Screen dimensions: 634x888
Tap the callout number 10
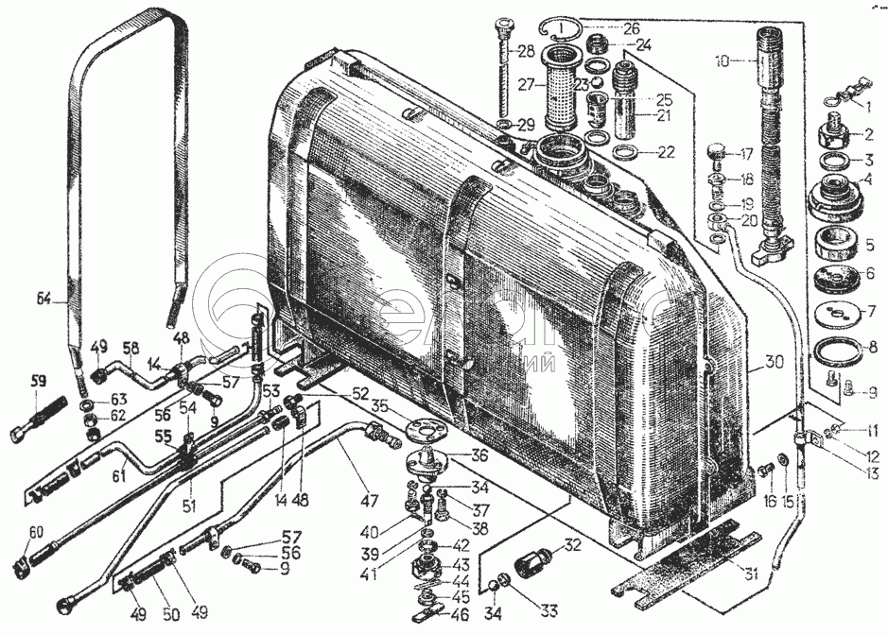pyautogui.click(x=723, y=61)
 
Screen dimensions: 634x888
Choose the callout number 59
pyautogui.click(x=39, y=382)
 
